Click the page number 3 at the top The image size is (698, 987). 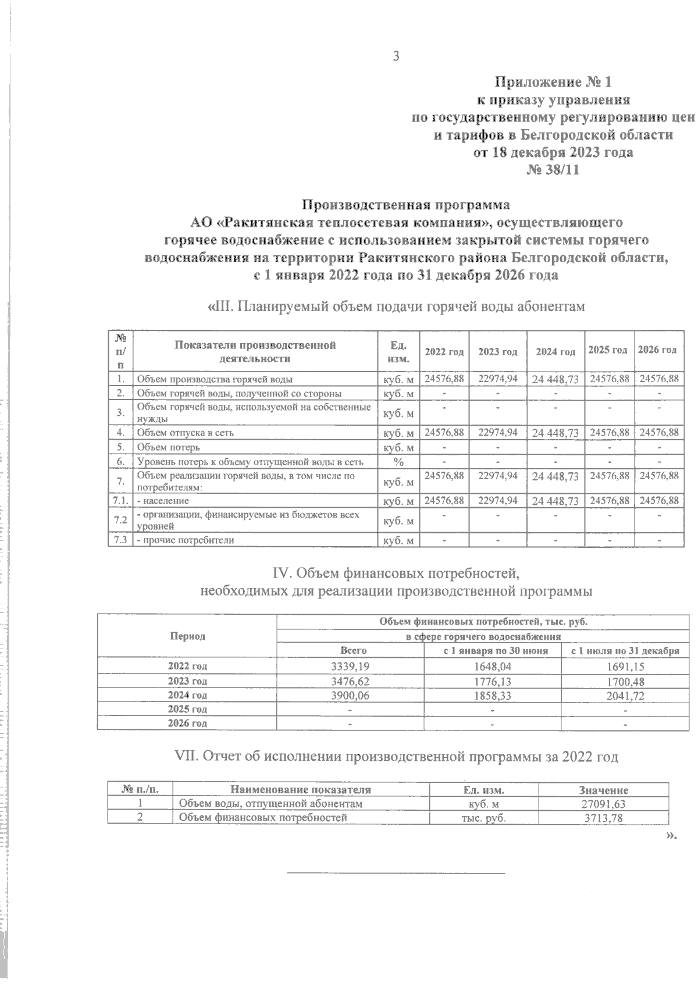tap(396, 56)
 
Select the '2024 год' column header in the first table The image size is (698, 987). tap(555, 351)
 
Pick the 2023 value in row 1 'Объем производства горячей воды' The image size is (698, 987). tap(497, 379)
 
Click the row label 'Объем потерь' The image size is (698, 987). tap(169, 447)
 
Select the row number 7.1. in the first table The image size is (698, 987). tap(120, 500)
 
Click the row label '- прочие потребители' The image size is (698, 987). tap(185, 540)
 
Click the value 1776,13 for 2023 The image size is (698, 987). tap(492, 680)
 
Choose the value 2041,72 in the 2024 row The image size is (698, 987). tap(625, 695)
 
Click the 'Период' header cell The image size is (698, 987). tap(187, 636)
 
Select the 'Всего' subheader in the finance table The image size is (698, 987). tap(353, 651)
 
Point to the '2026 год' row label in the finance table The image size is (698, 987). tap(187, 723)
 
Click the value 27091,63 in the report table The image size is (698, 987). tap(603, 804)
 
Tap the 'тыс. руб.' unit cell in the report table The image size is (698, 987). tap(483, 818)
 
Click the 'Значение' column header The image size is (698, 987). tap(603, 790)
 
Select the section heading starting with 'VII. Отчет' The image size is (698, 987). tap(397, 757)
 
